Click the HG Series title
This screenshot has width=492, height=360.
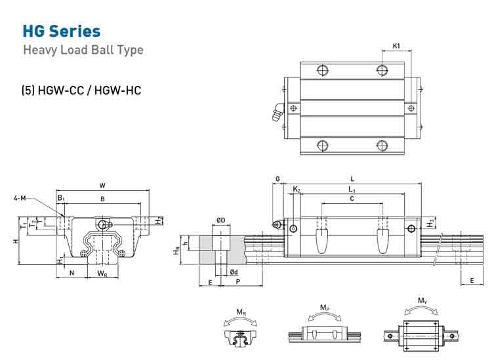pyautogui.click(x=62, y=31)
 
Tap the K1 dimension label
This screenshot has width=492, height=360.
pyautogui.click(x=396, y=46)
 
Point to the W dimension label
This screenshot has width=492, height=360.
pyautogui.click(x=102, y=186)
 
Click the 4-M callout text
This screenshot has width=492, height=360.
pyautogui.click(x=20, y=198)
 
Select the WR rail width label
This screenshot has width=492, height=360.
pyautogui.click(x=102, y=273)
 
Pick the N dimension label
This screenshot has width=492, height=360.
pyautogui.click(x=72, y=273)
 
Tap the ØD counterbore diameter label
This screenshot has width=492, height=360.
pyautogui.click(x=221, y=220)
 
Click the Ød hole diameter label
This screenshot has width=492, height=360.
pyautogui.click(x=234, y=272)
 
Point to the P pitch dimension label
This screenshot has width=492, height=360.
pyautogui.click(x=238, y=281)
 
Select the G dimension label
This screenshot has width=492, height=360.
pyautogui.click(x=277, y=179)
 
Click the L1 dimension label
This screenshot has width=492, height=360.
pyautogui.click(x=352, y=190)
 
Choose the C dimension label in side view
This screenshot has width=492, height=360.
pyautogui.click(x=352, y=199)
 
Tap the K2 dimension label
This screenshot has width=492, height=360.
pyautogui.click(x=297, y=190)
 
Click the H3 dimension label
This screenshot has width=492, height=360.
pyautogui.click(x=430, y=223)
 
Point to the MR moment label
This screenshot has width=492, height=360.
pyautogui.click(x=241, y=312)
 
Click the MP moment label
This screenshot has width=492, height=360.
pyautogui.click(x=325, y=308)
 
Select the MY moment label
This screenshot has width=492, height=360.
pyautogui.click(x=422, y=301)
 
